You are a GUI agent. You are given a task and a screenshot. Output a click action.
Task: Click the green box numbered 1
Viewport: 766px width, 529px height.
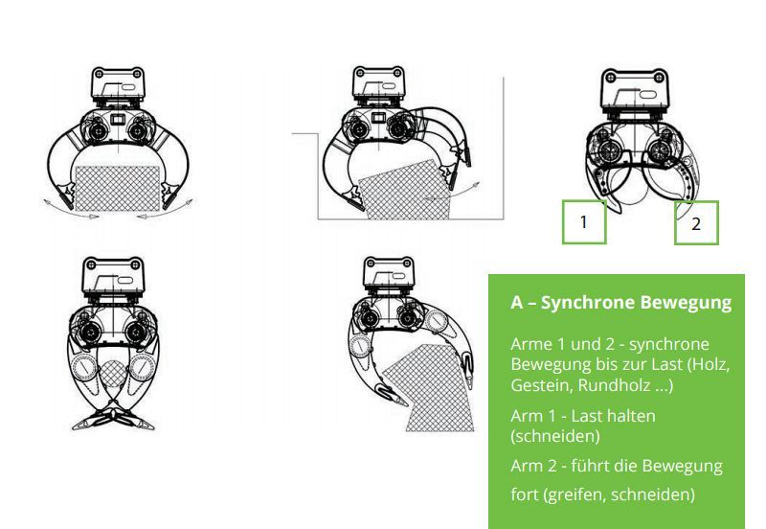pos(584,222)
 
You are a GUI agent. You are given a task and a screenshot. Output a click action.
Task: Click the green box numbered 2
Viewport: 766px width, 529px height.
pos(696,223)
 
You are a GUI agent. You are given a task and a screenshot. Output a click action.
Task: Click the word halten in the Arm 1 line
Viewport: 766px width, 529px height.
pos(630,416)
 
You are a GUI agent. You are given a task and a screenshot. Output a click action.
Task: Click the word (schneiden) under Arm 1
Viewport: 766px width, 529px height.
pos(555,436)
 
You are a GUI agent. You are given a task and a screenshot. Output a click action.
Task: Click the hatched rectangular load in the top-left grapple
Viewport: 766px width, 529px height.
pos(117,188)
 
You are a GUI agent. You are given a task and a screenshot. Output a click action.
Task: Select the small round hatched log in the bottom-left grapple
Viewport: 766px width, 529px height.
pos(112,375)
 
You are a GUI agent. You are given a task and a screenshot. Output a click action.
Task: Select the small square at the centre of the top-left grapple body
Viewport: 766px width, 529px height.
pos(118,120)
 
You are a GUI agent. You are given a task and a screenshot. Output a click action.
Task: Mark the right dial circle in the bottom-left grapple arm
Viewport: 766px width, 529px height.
pos(142,368)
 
